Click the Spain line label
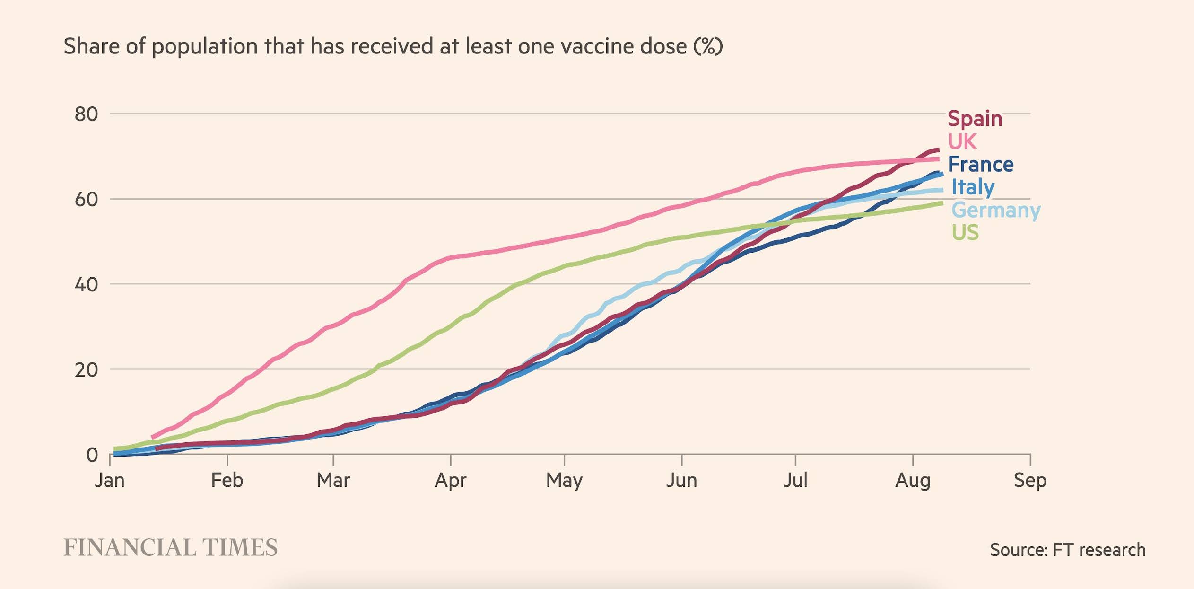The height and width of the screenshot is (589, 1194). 975,119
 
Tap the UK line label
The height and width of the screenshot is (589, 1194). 962,141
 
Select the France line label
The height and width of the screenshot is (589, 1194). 981,164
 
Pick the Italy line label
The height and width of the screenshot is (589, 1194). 973,187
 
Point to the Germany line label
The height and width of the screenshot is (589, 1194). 995,210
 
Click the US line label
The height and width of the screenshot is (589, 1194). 965,232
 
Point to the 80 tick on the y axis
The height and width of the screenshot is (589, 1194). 86,114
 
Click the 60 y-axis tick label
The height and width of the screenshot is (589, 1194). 86,199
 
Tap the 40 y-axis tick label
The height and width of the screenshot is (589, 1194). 86,284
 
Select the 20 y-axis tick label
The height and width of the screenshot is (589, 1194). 86,369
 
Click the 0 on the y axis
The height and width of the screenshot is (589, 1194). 92,455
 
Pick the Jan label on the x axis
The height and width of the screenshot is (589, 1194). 110,480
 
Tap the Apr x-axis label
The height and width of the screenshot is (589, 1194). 450,480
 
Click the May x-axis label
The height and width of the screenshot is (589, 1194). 564,480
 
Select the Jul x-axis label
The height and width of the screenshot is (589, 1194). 795,480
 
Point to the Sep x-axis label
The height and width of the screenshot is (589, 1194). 1030,480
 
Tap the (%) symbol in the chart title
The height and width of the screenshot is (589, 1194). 708,46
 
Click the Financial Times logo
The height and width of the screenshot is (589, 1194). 170,548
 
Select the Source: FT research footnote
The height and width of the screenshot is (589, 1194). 1068,550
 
